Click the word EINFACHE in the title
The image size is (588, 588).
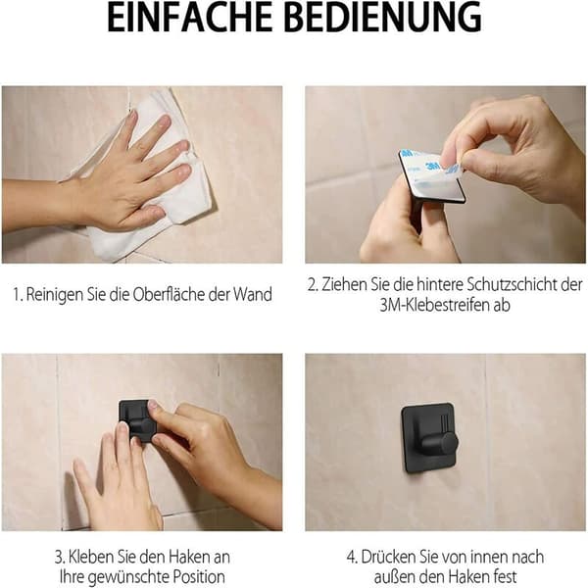[x=189, y=18]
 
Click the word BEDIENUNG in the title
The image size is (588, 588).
[x=385, y=18]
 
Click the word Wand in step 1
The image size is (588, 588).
[x=253, y=294]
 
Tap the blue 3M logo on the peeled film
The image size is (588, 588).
[x=433, y=166]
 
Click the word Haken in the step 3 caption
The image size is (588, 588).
[x=190, y=557]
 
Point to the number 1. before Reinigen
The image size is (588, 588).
[x=18, y=294]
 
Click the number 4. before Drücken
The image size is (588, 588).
[x=352, y=557]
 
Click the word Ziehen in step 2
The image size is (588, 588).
[x=345, y=284]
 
